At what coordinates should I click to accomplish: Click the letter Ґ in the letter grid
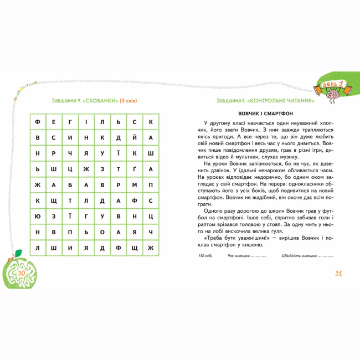[134, 169]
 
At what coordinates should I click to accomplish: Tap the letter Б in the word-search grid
[70, 184]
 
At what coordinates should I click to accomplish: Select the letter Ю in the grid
[37, 216]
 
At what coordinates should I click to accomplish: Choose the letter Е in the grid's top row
[53, 121]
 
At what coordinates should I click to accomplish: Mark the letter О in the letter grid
[102, 232]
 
